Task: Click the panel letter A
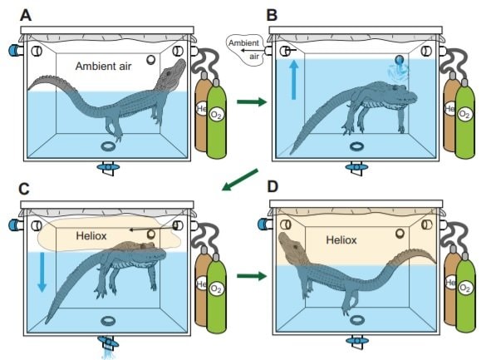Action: coord(26,15)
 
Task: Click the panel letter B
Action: coord(272,15)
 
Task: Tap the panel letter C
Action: coord(24,189)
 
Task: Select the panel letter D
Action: coord(272,187)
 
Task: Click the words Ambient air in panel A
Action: coord(104,66)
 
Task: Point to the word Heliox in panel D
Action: coord(341,239)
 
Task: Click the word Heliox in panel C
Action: coord(91,235)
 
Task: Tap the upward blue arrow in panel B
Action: coord(294,80)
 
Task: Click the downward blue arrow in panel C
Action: coord(42,272)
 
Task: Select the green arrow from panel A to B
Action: coord(252,101)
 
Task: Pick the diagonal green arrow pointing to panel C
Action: coord(240,180)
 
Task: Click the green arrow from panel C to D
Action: coord(252,276)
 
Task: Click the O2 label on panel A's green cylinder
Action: coord(216,115)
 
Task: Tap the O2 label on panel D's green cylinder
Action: coord(464,288)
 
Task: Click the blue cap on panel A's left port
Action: coord(14,50)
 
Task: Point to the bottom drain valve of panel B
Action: coord(356,168)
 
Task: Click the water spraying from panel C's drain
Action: coord(107,353)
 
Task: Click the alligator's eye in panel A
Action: coord(168,73)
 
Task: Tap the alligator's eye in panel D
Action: coord(295,246)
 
